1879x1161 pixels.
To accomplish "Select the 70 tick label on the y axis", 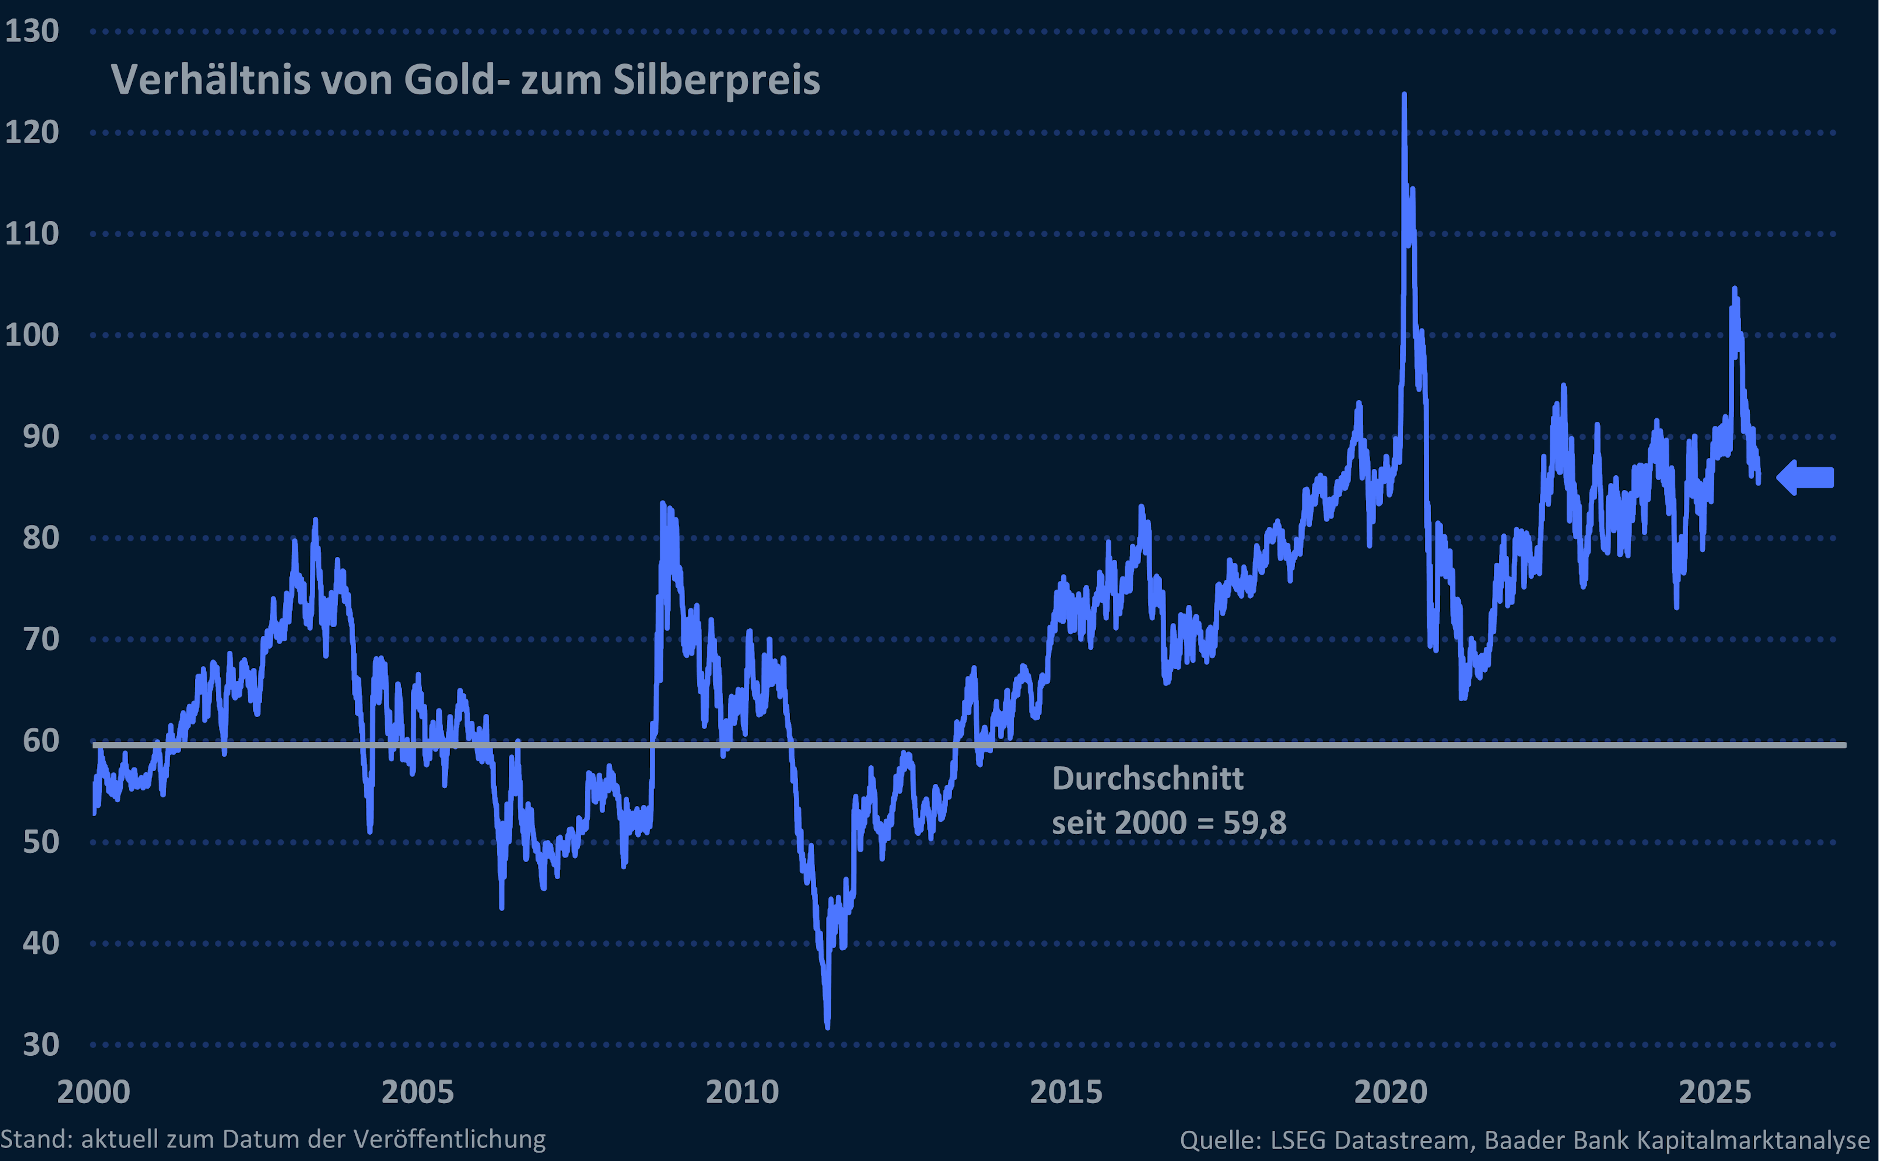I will tap(41, 639).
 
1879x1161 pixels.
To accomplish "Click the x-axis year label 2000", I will tap(93, 1092).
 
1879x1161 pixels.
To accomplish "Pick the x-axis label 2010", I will tap(742, 1092).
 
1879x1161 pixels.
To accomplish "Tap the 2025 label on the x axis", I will tap(1715, 1092).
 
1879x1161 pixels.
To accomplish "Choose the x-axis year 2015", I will tap(1066, 1092).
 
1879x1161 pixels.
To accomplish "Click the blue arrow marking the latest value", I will tap(1805, 478).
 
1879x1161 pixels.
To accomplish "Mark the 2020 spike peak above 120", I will tap(1404, 95).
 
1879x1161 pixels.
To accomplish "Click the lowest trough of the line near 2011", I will tap(827, 1026).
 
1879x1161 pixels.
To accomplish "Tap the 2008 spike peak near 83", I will tap(663, 504).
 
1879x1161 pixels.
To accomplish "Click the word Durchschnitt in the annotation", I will tap(1147, 778).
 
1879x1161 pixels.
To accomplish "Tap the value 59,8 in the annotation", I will tap(1255, 823).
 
